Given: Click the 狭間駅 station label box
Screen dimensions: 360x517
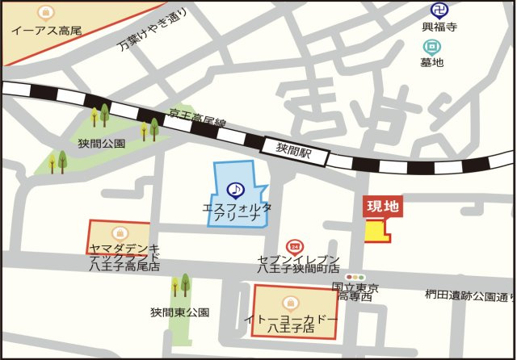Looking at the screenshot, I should pos(294,149).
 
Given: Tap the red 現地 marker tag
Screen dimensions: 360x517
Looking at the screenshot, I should pos(383,207).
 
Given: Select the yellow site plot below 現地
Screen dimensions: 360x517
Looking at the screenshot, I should pos(377,232).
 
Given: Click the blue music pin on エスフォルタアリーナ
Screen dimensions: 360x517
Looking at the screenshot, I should pos(235,190).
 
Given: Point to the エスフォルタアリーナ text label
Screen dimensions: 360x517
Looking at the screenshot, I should pos(237,213).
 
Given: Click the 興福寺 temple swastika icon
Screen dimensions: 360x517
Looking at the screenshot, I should pos(439,10).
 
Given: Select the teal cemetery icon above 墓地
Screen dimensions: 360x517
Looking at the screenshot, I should pos(432,48).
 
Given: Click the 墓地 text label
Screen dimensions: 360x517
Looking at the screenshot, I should pos(432,63).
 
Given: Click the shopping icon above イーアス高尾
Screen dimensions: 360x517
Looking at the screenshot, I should pos(46,13).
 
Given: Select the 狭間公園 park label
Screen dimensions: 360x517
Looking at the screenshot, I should pos(102,144).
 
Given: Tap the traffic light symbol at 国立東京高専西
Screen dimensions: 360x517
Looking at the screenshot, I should pos(354,277).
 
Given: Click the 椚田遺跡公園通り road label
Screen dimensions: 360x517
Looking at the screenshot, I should pos(469,295).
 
